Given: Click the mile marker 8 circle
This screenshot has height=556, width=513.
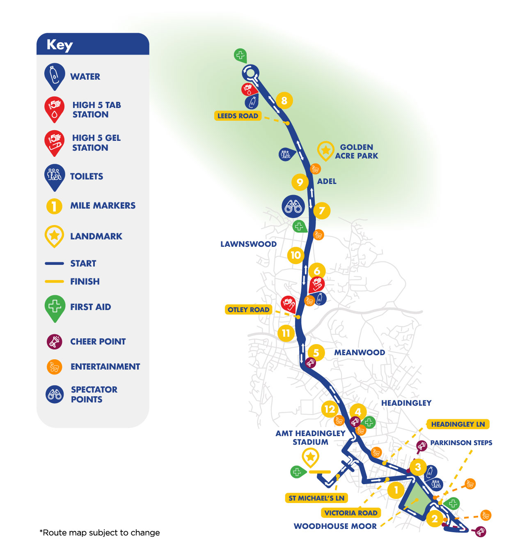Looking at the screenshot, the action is pyautogui.click(x=284, y=100).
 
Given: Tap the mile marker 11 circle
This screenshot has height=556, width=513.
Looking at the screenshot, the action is pyautogui.click(x=286, y=333).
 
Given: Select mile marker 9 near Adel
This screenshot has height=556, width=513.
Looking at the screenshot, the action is pyautogui.click(x=300, y=182).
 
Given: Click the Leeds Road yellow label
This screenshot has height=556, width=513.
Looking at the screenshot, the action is pyautogui.click(x=238, y=116).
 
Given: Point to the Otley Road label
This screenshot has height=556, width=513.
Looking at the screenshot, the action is pyautogui.click(x=248, y=310).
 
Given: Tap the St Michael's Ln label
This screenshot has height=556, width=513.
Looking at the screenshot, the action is pyautogui.click(x=316, y=498).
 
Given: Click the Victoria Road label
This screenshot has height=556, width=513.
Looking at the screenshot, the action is pyautogui.click(x=350, y=513).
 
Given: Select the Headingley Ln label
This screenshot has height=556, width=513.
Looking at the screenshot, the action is pyautogui.click(x=458, y=424).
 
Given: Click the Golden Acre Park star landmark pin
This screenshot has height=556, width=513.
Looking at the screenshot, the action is pyautogui.click(x=325, y=151).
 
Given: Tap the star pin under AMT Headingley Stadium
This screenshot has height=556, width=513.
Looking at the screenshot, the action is pyautogui.click(x=310, y=457).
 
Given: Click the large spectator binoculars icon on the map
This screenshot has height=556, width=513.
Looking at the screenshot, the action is pyautogui.click(x=293, y=206).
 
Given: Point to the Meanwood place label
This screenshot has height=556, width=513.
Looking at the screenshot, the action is pyautogui.click(x=360, y=352).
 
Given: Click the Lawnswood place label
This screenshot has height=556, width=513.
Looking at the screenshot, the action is pyautogui.click(x=248, y=244).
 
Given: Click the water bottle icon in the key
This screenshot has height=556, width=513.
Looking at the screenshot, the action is pyautogui.click(x=55, y=76).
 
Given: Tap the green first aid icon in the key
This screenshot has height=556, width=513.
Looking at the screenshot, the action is pyautogui.click(x=55, y=307).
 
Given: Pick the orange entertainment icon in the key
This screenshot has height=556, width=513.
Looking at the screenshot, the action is pyautogui.click(x=54, y=367).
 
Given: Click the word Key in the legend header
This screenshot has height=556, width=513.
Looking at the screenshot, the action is pyautogui.click(x=60, y=45).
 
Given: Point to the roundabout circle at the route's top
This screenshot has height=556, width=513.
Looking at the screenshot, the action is pyautogui.click(x=250, y=73).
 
